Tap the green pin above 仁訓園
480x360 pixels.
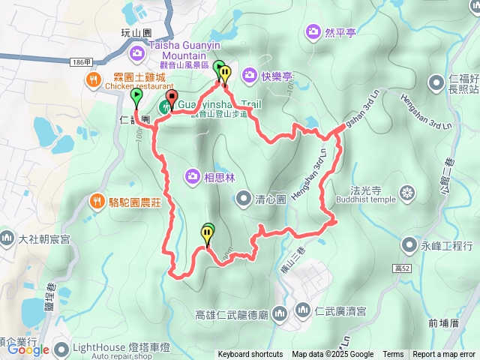[136, 95]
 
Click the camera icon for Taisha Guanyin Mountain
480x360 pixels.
[137, 52]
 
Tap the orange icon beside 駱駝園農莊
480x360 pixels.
[97, 200]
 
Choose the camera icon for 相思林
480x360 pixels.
[193, 176]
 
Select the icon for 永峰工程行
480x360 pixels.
[409, 244]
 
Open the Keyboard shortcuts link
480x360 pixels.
[250, 355]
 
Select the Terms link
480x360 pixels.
[393, 355]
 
